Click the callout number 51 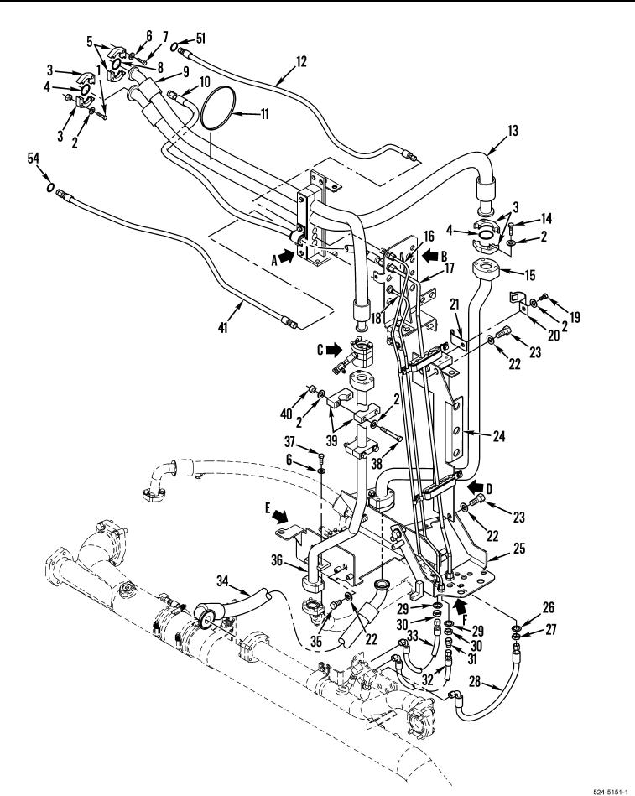coord(201,39)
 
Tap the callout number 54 coord(33,159)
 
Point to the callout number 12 coord(301,61)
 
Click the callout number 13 coord(513,131)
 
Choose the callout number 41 coord(223,328)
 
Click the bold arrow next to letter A coord(287,258)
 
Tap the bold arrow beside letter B coord(430,255)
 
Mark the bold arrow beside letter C coord(334,349)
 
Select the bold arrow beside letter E coord(279,516)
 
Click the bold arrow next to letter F coord(460,605)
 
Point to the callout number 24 coord(499,435)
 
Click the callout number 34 coord(223,580)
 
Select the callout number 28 coord(475,681)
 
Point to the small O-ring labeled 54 coord(49,187)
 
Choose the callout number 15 coord(530,275)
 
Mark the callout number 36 coord(277,560)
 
